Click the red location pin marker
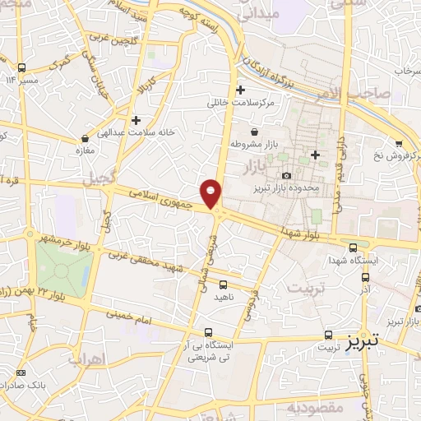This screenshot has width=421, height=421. (x=212, y=192)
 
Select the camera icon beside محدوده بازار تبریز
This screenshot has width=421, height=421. (x=286, y=175)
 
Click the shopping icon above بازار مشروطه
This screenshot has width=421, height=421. (x=254, y=132)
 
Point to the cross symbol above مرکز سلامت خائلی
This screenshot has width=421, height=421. (x=240, y=90)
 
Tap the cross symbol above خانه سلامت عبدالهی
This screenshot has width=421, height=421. (x=136, y=119)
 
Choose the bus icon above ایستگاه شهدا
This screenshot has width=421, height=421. (x=353, y=245)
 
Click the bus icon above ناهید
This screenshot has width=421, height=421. (x=223, y=284)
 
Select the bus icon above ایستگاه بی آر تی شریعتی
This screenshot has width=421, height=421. (x=208, y=333)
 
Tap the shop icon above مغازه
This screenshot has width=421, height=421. (x=86, y=138)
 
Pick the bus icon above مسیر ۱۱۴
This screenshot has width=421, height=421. (x=23, y=67)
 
